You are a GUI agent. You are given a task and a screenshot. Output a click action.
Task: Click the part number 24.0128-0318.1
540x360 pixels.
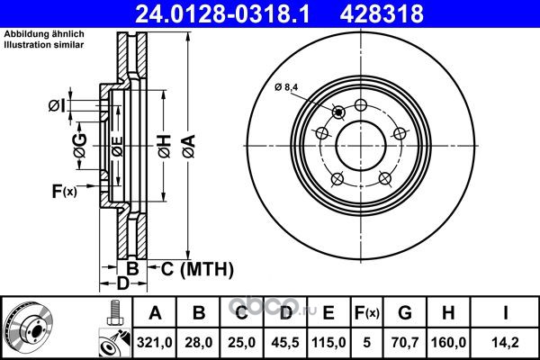(223, 14)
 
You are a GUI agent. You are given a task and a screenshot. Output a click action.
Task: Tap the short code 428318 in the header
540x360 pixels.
(382, 14)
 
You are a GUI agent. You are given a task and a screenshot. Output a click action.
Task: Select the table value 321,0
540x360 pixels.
(155, 342)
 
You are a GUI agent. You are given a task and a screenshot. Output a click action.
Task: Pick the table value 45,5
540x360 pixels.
(285, 342)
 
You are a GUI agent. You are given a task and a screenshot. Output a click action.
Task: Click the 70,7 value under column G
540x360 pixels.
(405, 342)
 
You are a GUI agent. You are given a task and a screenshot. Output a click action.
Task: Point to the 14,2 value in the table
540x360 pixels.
(505, 342)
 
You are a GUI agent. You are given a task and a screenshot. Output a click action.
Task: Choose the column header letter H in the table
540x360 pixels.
(448, 313)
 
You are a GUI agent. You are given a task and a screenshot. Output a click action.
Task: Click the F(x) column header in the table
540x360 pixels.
(367, 313)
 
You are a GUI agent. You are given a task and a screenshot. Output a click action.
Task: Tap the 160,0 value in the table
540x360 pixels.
(448, 342)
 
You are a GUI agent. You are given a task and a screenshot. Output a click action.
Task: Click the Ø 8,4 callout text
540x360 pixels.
(286, 87)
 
